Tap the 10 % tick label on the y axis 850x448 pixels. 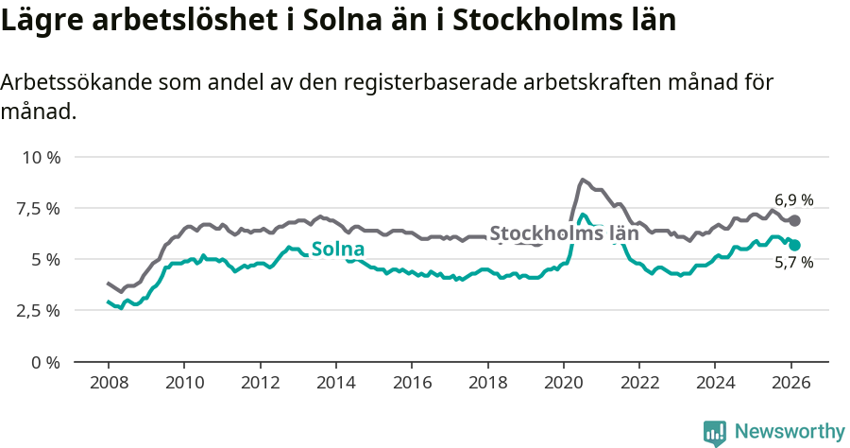point(41,157)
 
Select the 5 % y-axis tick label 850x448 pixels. point(46,259)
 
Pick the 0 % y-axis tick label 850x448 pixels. point(46,362)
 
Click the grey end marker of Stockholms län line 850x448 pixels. point(794,220)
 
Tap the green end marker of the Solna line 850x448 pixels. point(794,245)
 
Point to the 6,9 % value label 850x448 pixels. point(793,199)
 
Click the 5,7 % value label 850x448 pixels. point(793,264)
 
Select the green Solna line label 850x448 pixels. point(337,250)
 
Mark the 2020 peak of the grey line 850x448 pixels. point(582,179)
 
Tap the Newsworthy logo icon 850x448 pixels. point(715,432)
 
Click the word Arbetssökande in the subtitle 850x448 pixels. point(61,82)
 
